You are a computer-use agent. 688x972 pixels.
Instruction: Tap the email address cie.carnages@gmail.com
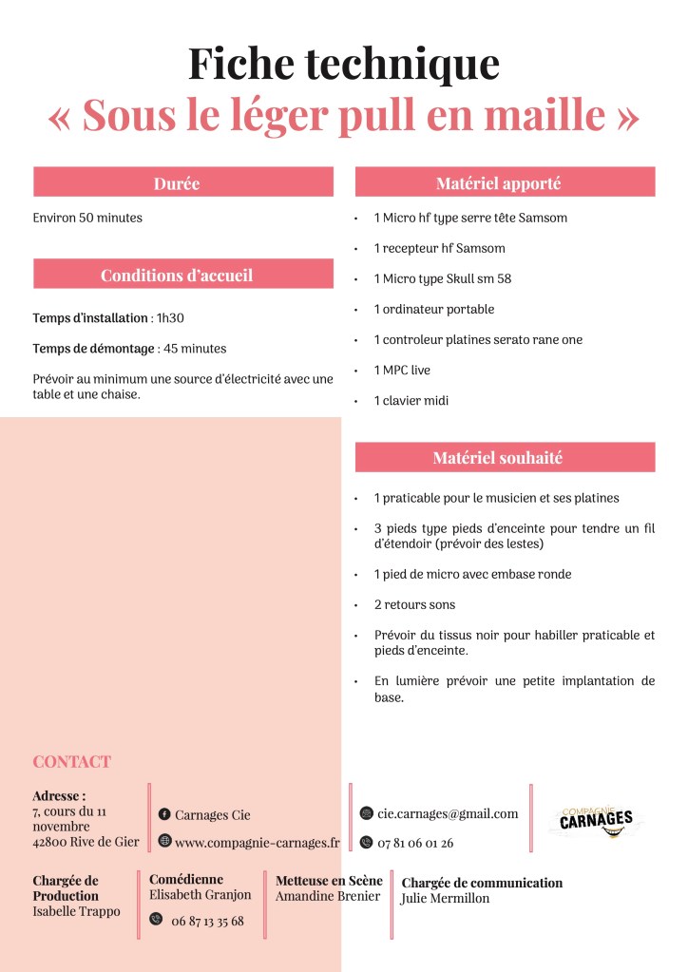(448, 813)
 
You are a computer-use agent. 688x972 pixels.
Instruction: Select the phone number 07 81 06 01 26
(415, 843)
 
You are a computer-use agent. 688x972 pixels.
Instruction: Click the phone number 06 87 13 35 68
(207, 921)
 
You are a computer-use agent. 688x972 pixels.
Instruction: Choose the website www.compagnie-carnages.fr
(257, 843)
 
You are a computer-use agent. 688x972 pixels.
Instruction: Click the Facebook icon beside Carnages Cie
(164, 814)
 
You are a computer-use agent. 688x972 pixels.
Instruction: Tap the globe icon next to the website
(164, 842)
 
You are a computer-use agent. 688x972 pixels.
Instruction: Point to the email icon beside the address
(367, 813)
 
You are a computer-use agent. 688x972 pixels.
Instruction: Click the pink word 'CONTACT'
(71, 762)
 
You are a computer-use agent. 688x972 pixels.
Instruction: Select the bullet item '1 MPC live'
(402, 371)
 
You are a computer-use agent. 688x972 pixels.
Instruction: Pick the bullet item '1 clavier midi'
(411, 401)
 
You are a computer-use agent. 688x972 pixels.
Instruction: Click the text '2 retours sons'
(414, 605)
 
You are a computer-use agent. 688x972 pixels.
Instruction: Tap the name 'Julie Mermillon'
(446, 899)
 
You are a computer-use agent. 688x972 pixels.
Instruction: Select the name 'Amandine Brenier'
(328, 896)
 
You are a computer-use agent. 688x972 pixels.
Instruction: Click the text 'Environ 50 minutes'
(87, 218)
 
